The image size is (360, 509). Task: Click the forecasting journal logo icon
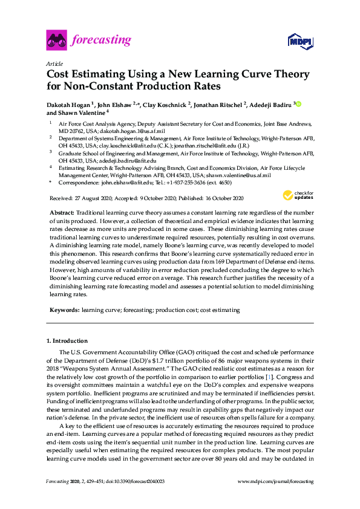coord(56,41)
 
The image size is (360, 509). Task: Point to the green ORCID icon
coord(298,105)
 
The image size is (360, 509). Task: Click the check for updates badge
coord(296,195)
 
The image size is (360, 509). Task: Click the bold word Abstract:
coord(61,213)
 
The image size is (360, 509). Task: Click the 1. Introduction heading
coord(67,341)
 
